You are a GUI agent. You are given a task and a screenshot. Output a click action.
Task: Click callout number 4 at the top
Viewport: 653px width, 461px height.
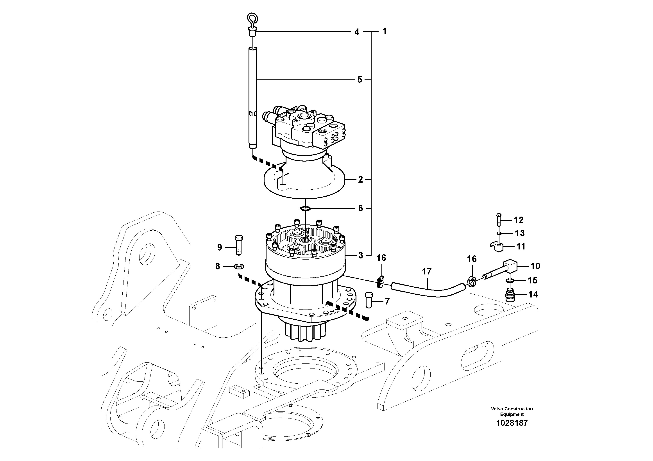pos(357,32)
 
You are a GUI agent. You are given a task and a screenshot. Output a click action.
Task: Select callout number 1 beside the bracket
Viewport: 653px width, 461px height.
pos(385,31)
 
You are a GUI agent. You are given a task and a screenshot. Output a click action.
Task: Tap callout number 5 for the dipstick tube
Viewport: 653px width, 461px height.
pos(360,80)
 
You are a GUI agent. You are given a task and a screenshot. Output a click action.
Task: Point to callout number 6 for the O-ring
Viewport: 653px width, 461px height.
pos(360,208)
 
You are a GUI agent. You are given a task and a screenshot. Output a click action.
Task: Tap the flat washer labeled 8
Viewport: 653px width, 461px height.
pos(239,267)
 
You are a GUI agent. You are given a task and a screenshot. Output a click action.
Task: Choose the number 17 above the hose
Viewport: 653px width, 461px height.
pos(427,271)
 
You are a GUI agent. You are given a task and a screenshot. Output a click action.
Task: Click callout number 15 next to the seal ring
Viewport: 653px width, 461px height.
pos(532,281)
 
